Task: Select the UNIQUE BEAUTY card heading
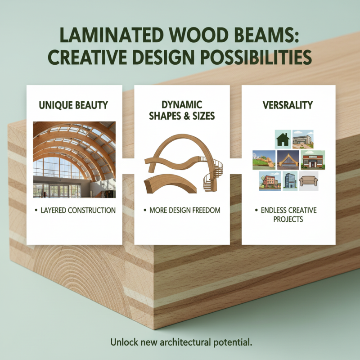[74, 105]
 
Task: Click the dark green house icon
[283, 139]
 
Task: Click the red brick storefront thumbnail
[312, 160]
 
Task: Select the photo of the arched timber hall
[74, 160]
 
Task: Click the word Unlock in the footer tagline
[122, 342]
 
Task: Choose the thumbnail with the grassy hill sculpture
[264, 160]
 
